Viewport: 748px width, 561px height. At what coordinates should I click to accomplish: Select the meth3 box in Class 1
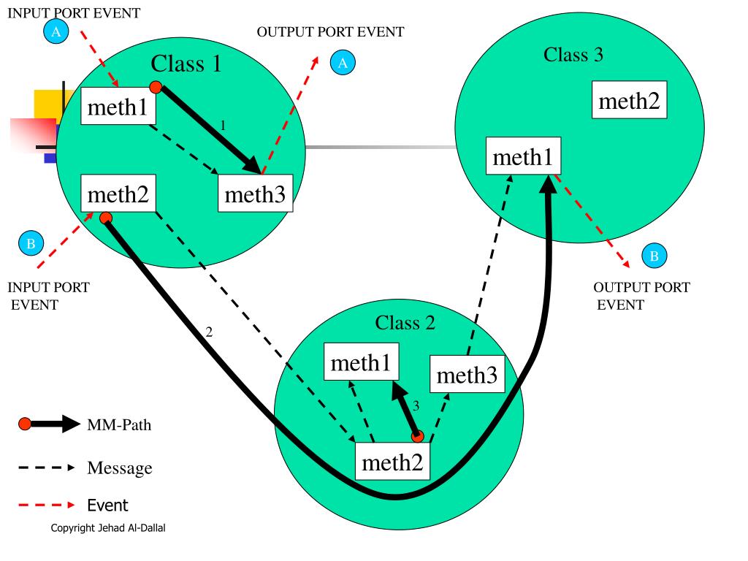pyautogui.click(x=255, y=194)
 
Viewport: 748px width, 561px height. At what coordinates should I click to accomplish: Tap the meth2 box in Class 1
pyautogui.click(x=118, y=194)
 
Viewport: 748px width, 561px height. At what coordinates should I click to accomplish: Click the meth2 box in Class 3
pyautogui.click(x=629, y=101)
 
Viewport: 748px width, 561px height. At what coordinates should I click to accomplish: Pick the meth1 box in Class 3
pyautogui.click(x=523, y=158)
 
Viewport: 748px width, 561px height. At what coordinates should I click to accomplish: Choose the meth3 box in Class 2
pyautogui.click(x=467, y=375)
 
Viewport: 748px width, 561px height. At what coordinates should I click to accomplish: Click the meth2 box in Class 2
pyautogui.click(x=392, y=462)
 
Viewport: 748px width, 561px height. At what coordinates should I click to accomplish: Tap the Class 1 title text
pyautogui.click(x=186, y=64)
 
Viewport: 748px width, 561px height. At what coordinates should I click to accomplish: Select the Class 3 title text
pyautogui.click(x=573, y=54)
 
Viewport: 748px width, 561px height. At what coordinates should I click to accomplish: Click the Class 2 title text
pyautogui.click(x=405, y=322)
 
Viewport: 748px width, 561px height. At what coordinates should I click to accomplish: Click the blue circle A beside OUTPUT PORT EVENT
pyautogui.click(x=342, y=63)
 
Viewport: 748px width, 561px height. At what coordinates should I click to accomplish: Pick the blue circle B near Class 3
pyautogui.click(x=654, y=256)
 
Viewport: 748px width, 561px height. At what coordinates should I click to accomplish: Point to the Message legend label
pyautogui.click(x=120, y=467)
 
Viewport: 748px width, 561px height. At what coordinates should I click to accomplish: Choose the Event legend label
pyautogui.click(x=107, y=505)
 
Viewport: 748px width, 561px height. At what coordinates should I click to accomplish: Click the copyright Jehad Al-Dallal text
pyautogui.click(x=108, y=528)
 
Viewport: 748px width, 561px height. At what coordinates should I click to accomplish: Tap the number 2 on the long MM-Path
pyautogui.click(x=209, y=332)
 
